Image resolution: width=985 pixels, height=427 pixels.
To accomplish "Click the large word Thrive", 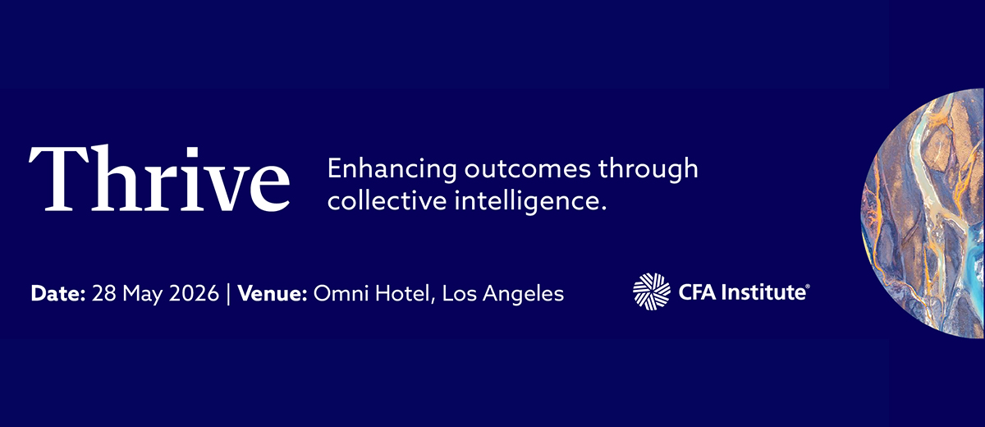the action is (x=159, y=178).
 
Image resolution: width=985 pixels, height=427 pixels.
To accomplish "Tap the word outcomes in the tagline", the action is (x=527, y=170).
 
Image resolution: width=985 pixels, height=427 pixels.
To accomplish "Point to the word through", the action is (x=648, y=170).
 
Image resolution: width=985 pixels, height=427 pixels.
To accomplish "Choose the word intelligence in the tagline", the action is (x=530, y=202).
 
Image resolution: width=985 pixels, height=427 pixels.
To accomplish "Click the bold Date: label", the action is (x=58, y=293).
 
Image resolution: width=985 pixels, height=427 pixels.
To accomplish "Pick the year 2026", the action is (x=194, y=293).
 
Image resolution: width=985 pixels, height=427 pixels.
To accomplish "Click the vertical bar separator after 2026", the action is (x=228, y=294).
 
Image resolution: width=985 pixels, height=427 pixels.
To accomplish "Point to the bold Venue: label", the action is (x=273, y=293).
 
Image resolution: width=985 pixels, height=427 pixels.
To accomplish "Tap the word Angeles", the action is (x=524, y=295).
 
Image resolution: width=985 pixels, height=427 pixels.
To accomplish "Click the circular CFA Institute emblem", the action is (x=652, y=292).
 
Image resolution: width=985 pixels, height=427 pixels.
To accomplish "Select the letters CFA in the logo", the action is (x=698, y=292).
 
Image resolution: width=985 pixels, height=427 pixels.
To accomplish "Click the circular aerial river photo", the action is (x=923, y=213).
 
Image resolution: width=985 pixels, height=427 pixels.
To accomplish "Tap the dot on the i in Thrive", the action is (x=192, y=153).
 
